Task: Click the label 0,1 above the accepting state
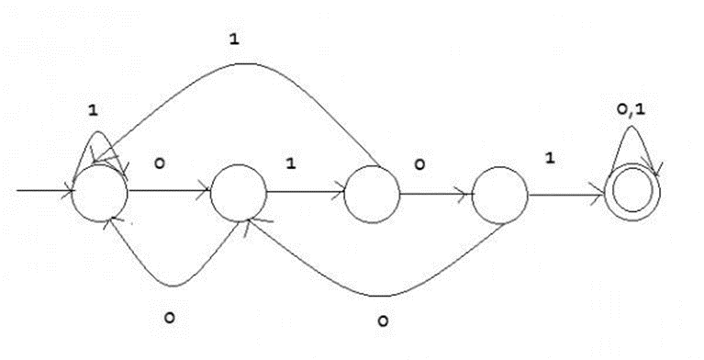[x=631, y=109]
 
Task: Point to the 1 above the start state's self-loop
[x=93, y=110]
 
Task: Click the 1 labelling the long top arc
[x=234, y=39]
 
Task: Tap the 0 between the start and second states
[x=160, y=163]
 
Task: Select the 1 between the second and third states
[x=291, y=163]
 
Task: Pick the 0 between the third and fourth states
[x=419, y=165]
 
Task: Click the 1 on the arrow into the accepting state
[x=550, y=158]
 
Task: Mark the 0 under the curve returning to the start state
[x=169, y=318]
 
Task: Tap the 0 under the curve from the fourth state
[x=382, y=321]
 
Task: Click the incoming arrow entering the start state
[x=44, y=191]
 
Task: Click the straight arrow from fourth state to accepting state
[x=566, y=196]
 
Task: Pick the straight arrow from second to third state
[x=306, y=193]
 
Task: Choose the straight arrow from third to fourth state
[x=435, y=195]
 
